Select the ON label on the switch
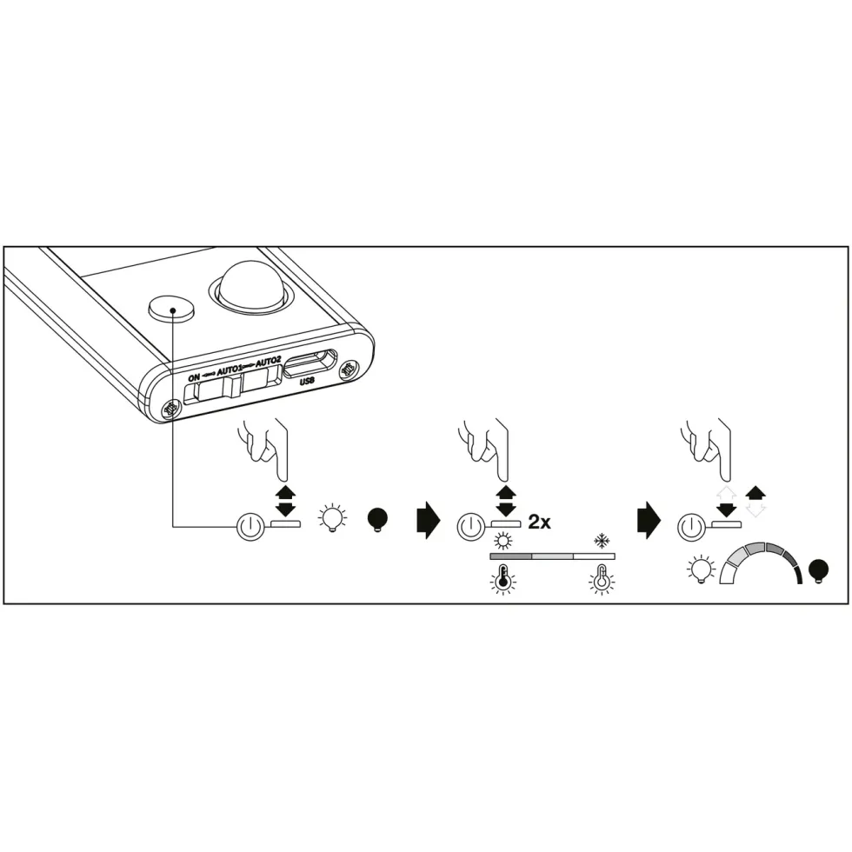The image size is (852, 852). [194, 377]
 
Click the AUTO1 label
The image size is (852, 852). [230, 370]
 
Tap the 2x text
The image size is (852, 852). [539, 523]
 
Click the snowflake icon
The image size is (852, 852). [602, 541]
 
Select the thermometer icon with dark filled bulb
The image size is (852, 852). [503, 579]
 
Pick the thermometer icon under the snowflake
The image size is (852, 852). [602, 579]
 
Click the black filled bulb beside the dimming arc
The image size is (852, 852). [818, 571]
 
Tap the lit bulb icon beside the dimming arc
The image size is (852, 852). [700, 569]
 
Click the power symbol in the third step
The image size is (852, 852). [691, 527]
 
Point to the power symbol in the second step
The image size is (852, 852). [470, 527]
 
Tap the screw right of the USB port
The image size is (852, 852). [348, 369]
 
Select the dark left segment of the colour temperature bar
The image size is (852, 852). [511, 556]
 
